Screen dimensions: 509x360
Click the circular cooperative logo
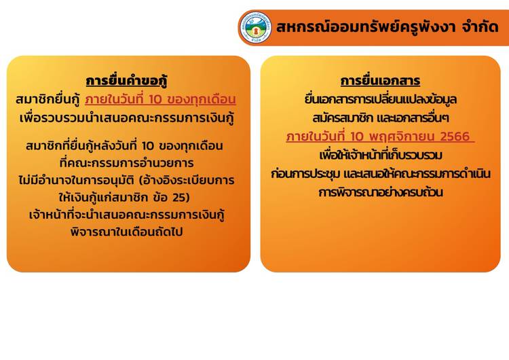coord(255,28)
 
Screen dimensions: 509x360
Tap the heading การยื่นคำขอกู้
coord(127,81)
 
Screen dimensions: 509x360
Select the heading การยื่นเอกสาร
coord(380,81)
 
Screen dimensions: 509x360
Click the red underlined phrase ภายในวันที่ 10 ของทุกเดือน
coord(160,99)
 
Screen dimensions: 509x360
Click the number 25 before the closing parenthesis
coord(178,198)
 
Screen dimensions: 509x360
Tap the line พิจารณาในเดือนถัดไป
coord(127,232)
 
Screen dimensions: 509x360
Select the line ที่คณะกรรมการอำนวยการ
coord(127,163)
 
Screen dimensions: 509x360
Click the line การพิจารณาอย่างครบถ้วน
coord(381,192)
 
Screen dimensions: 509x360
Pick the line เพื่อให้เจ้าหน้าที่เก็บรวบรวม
coord(381,155)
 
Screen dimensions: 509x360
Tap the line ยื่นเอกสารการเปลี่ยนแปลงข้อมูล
coord(381,99)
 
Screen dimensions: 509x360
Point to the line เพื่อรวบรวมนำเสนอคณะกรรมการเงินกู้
coord(127,118)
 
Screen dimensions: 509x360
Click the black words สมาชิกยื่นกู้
coord(48,99)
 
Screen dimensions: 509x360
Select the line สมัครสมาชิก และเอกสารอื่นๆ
coord(381,118)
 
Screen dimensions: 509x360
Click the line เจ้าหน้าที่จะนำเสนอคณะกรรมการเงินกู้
coord(127,215)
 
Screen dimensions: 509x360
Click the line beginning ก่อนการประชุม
coord(381,174)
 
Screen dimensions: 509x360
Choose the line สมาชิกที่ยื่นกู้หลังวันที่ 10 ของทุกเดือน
coord(124,146)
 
